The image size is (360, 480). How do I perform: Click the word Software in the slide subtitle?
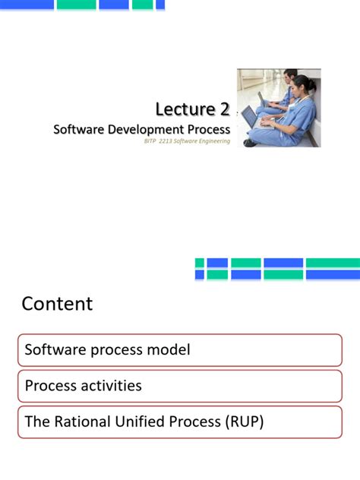click(x=77, y=129)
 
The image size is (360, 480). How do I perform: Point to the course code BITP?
click(x=150, y=141)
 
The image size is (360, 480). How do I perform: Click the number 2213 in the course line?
click(x=166, y=141)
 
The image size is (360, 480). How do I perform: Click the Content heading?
click(x=57, y=304)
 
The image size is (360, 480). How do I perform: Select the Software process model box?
click(x=180, y=350)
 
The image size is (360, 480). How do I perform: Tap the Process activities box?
click(x=180, y=386)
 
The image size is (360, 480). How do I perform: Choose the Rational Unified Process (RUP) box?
click(x=180, y=422)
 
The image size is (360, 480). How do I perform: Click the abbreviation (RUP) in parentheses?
click(x=242, y=422)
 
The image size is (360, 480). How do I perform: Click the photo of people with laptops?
click(x=278, y=107)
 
